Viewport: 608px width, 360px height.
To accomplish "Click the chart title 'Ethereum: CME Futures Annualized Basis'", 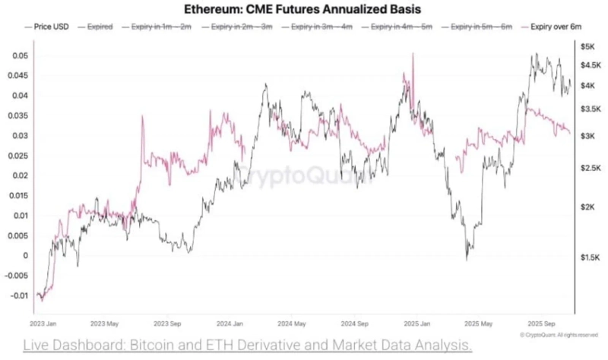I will point(304,9).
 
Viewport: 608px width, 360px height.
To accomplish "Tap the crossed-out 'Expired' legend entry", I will point(100,27).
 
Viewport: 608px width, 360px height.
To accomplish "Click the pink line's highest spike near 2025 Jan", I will point(413,54).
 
